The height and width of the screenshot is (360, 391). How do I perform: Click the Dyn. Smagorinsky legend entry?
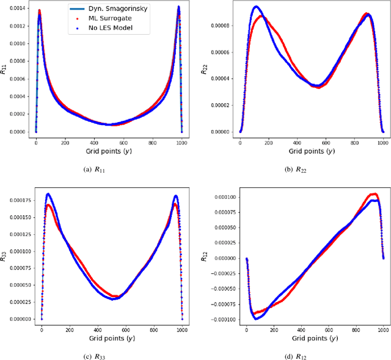tap(110, 10)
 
